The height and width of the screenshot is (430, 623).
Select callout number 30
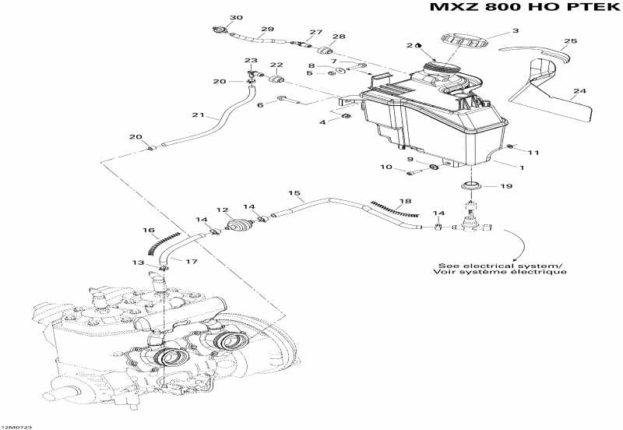tap(236, 17)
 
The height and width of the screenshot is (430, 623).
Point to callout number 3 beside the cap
tap(514, 32)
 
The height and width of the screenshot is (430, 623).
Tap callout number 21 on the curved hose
tap(198, 116)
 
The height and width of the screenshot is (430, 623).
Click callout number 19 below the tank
tap(505, 186)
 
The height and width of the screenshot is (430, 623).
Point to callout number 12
tap(222, 210)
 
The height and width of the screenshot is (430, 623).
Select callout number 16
tap(147, 230)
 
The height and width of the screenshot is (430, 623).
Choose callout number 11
tap(533, 151)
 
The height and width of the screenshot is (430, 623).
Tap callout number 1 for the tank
tap(521, 166)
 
